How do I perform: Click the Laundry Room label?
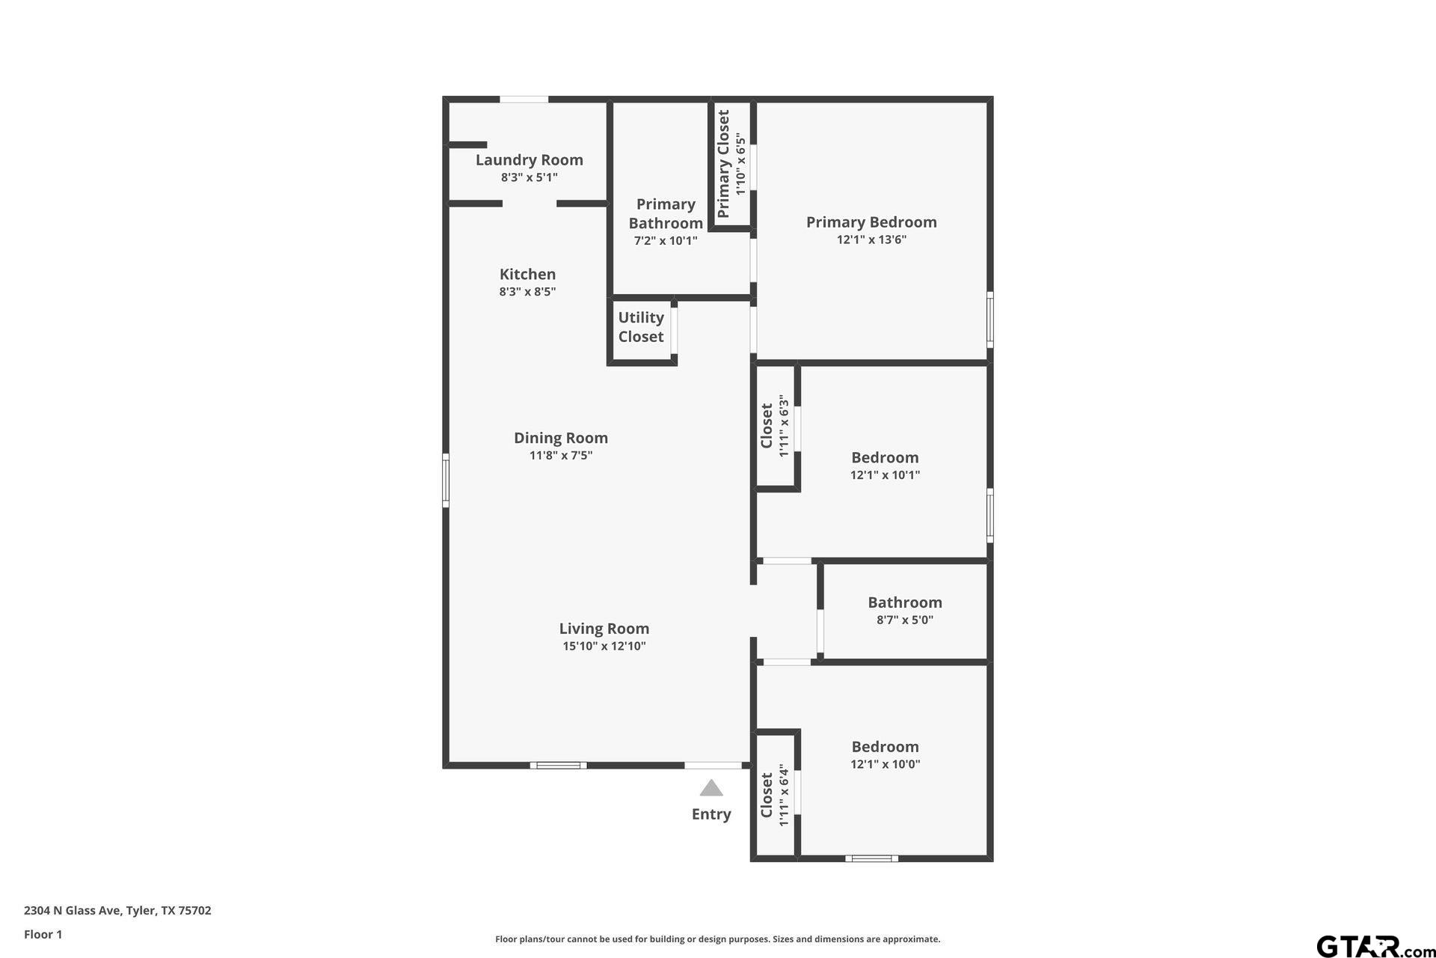(529, 159)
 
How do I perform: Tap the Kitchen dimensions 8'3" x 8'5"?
(527, 291)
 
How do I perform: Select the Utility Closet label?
(641, 327)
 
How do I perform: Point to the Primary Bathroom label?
(666, 213)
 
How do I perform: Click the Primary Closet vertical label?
(723, 164)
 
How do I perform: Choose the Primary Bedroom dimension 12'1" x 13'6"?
(871, 239)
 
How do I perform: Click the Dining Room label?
(560, 438)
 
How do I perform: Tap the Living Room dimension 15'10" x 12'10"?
(604, 646)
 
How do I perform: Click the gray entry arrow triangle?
(711, 788)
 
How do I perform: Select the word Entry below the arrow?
(711, 814)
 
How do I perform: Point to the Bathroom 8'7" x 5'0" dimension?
(905, 620)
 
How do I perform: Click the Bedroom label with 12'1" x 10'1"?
(885, 457)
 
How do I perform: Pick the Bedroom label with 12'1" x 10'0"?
(885, 746)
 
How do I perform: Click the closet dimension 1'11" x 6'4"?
(784, 795)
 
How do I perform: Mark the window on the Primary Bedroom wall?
(990, 320)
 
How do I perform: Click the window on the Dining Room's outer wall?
(446, 480)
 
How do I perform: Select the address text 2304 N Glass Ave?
(73, 911)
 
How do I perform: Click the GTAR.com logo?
(1375, 946)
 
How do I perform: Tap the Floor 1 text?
(43, 934)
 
